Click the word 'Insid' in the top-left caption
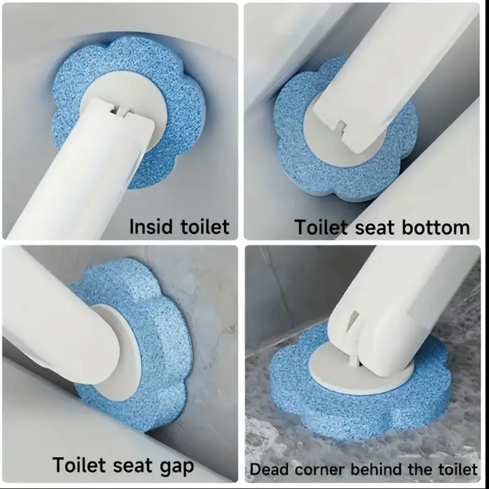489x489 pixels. [x=151, y=226]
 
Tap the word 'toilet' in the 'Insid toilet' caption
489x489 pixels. [x=205, y=226]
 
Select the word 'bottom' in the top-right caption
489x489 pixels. [x=436, y=227]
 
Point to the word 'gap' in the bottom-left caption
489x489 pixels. [x=177, y=467]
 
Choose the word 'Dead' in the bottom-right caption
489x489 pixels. [x=269, y=470]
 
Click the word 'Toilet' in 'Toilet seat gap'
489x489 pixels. [x=79, y=465]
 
